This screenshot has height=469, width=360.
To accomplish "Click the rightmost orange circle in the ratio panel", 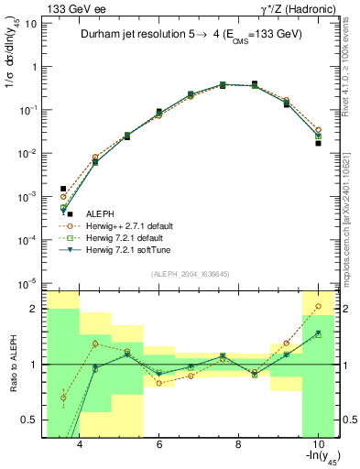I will pos(318,306).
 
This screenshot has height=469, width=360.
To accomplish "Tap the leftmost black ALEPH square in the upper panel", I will pos(63,189).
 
